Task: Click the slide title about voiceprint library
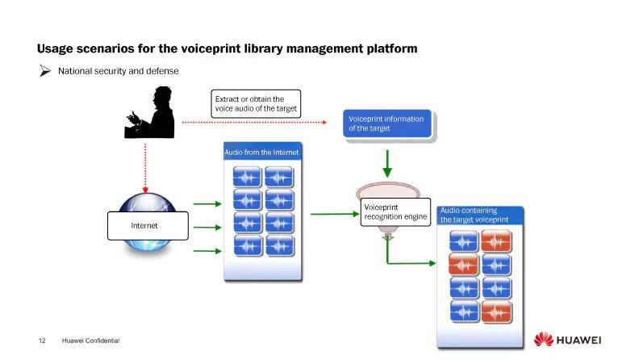(227, 48)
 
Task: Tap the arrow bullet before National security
(45, 71)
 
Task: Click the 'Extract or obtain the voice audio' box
(257, 104)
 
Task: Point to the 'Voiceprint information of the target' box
(387, 123)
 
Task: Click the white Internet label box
(148, 225)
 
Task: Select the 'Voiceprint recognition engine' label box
(395, 211)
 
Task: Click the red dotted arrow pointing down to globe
(145, 165)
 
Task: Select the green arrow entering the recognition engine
(333, 214)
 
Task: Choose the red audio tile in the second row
(464, 263)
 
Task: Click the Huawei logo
(567, 339)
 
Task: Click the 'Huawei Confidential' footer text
(90, 341)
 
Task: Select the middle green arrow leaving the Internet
(207, 228)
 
